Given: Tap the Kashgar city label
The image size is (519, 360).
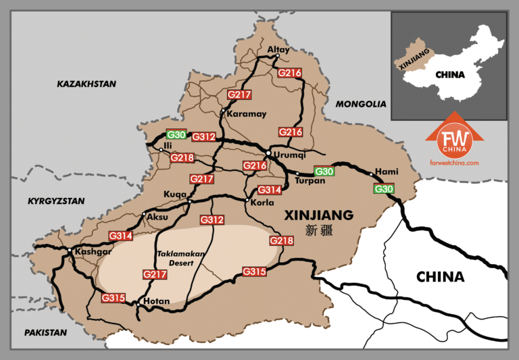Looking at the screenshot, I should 94,251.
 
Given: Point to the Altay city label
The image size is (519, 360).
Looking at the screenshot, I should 278,49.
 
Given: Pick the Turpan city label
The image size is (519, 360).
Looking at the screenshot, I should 310,180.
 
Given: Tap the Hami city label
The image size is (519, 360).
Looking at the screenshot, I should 388,172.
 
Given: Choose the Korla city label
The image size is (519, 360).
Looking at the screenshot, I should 262,202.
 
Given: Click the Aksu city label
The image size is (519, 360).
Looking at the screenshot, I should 157,217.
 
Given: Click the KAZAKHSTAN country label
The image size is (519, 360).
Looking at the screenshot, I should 86,84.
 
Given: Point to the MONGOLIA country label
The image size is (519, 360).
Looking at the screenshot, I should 361,104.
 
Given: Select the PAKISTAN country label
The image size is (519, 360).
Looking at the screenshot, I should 45,332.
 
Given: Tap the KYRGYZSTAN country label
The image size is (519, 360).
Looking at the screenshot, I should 56,201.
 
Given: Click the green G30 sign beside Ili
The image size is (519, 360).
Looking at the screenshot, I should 176,134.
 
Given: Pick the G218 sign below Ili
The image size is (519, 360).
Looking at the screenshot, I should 182,158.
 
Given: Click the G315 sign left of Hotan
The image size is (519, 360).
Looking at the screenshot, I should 113,297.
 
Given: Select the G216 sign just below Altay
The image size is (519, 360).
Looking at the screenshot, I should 289,72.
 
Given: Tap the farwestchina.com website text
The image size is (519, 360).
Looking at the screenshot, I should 453,163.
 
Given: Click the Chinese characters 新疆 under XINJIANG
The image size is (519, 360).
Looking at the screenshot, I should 320,231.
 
